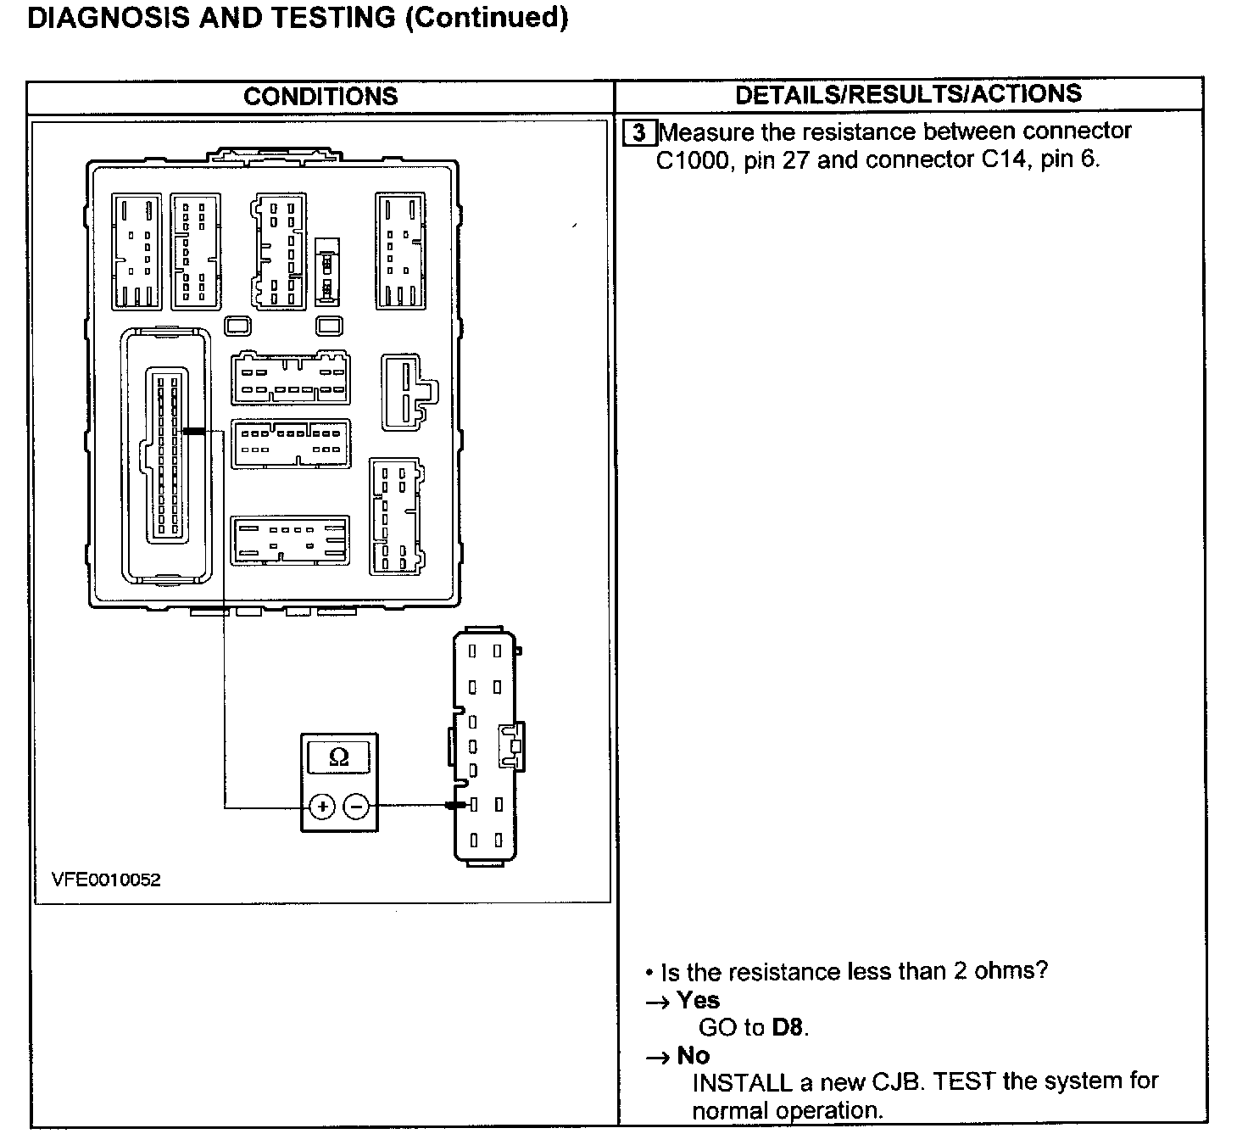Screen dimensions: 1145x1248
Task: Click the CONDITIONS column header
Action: click(320, 96)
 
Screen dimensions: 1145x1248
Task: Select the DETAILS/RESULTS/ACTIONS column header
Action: click(908, 94)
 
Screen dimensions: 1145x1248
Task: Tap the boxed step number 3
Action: click(639, 133)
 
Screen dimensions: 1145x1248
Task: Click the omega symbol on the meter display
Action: click(338, 757)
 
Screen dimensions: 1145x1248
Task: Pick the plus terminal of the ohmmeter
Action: click(322, 807)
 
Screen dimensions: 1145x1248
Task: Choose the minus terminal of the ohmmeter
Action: click(358, 807)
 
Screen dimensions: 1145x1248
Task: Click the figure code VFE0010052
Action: click(106, 880)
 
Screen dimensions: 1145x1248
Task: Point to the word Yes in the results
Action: click(699, 1001)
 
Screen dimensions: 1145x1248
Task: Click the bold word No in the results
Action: click(694, 1056)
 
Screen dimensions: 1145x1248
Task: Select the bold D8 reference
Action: click(788, 1028)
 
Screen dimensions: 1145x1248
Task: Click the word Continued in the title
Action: click(487, 17)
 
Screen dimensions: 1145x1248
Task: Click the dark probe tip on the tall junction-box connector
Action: click(193, 432)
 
